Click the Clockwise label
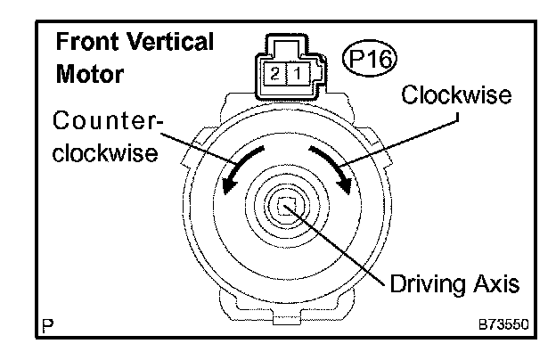pos(446,95)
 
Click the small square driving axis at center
pos(286,209)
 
